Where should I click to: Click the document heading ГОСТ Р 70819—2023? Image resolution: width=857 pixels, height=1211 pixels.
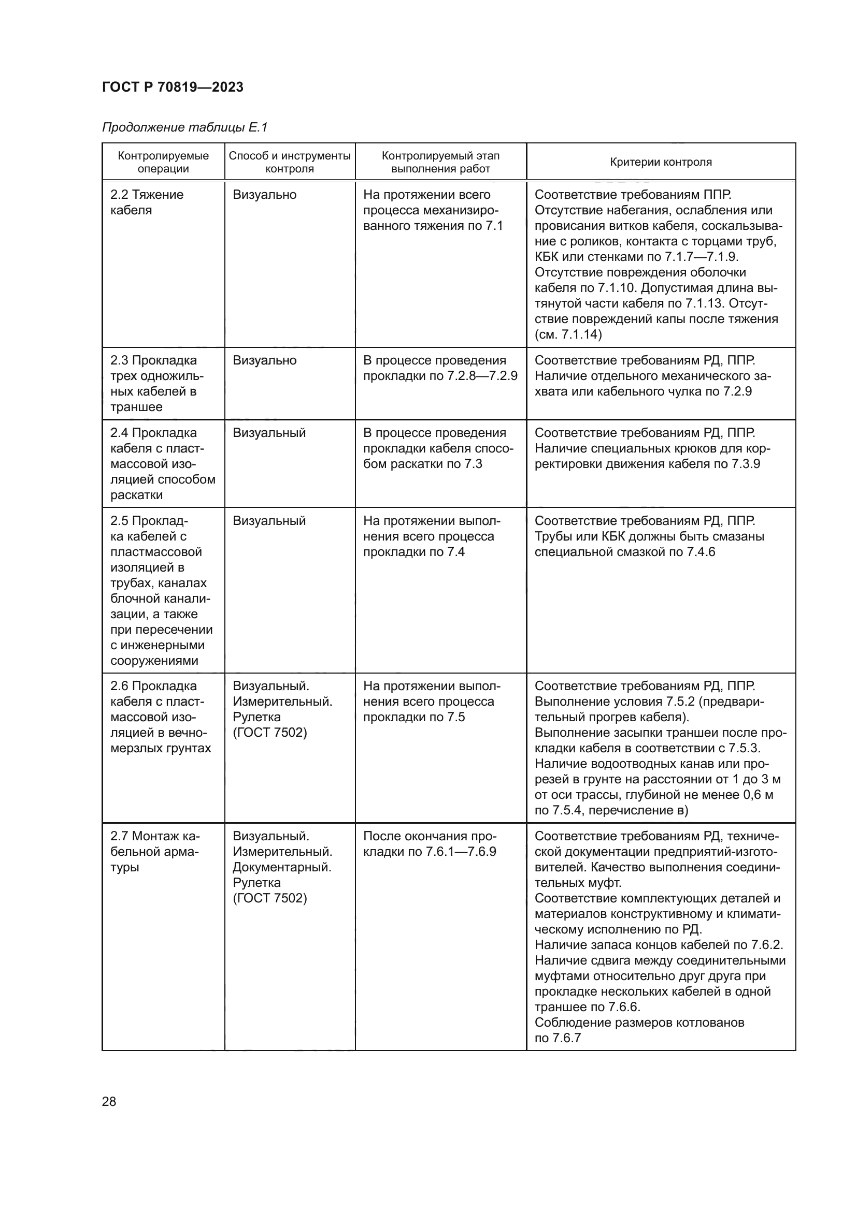click(173, 87)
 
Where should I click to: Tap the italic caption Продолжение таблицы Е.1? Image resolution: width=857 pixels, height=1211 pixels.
click(184, 127)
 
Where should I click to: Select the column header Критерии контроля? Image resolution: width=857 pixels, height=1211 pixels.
click(661, 162)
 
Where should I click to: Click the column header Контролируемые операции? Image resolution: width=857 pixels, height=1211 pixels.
click(163, 162)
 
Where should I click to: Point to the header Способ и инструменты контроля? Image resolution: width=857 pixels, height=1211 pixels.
click(290, 162)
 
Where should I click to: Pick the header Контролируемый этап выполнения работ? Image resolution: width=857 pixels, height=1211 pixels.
click(440, 162)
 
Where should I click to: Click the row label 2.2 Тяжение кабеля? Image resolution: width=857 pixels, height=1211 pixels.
click(147, 202)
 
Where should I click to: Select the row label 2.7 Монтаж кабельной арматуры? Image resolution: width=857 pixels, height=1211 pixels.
click(154, 852)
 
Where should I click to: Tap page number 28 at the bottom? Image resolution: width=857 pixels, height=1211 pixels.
click(109, 1101)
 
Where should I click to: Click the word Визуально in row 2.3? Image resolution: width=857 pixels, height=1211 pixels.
click(264, 360)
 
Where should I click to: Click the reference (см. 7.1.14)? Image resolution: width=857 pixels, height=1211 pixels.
click(568, 334)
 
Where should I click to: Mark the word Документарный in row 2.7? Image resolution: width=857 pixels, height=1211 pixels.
click(282, 867)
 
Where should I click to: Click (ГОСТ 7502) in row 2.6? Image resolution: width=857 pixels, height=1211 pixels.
click(269, 733)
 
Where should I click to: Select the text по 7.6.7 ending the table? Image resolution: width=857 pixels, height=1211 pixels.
click(558, 1038)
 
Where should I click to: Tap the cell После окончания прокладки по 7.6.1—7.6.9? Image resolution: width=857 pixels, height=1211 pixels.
click(430, 844)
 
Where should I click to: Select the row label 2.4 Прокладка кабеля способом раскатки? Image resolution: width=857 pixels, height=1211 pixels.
click(163, 463)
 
